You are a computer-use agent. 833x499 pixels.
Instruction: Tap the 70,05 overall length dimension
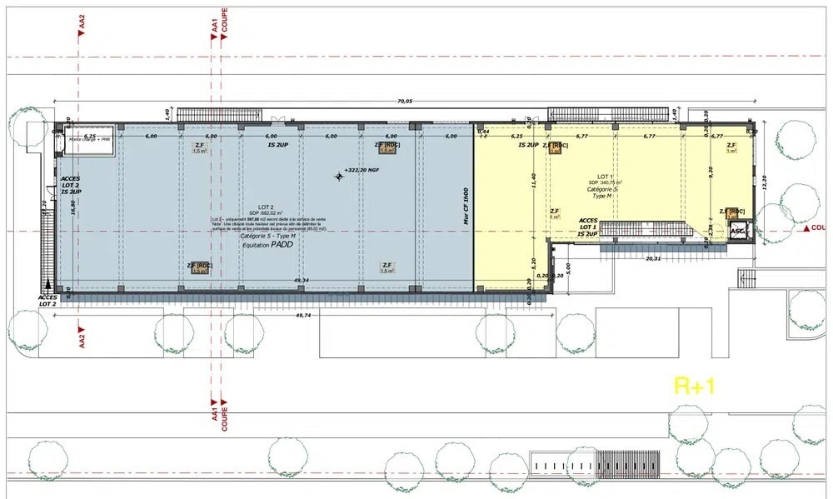pyautogui.click(x=404, y=101)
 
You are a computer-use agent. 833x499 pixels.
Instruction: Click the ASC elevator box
pyautogui.click(x=737, y=232)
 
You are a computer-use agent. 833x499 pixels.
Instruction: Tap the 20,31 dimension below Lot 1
pyautogui.click(x=652, y=257)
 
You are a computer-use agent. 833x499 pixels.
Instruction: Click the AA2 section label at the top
pyautogui.click(x=82, y=25)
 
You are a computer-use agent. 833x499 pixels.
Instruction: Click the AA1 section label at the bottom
pyautogui.click(x=214, y=413)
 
